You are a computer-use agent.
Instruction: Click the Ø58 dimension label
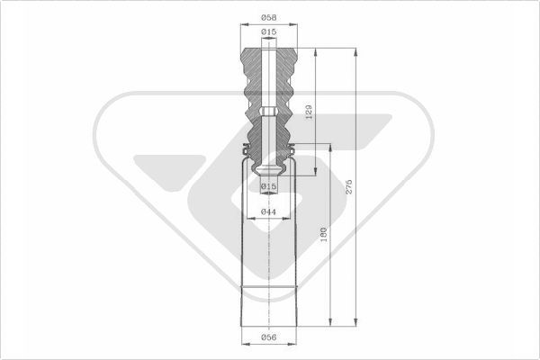coord(268,17)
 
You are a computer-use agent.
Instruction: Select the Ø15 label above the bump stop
coord(268,31)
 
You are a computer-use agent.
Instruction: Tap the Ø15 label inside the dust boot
coord(268,186)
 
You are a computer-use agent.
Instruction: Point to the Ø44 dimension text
coord(268,211)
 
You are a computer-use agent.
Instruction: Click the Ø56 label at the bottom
coord(268,337)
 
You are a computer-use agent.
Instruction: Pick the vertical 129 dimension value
coord(309,112)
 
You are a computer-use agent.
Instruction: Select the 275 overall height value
coord(349,186)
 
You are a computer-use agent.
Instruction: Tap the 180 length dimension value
coord(324,235)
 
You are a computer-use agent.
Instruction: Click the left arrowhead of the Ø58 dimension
coord(245,24)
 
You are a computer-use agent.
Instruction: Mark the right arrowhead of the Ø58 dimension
coord(293,24)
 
